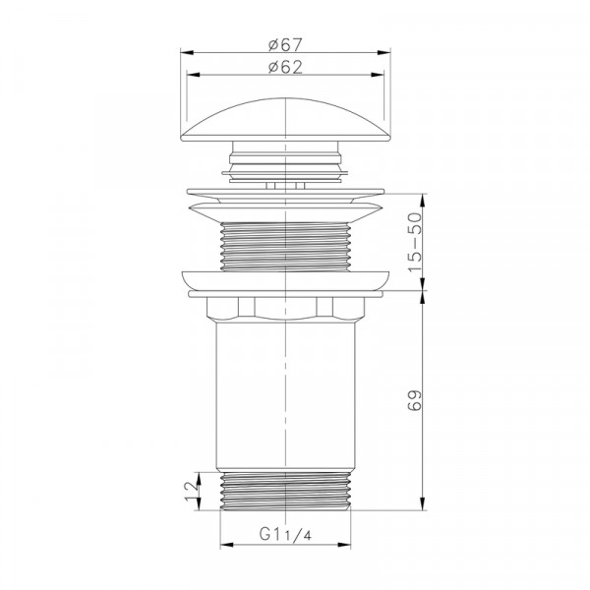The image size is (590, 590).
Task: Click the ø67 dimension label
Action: click(x=285, y=45)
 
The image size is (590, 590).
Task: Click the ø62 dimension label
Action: click(x=285, y=67)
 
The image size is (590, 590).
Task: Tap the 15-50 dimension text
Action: click(x=415, y=242)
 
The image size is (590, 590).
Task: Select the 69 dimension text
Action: click(x=415, y=401)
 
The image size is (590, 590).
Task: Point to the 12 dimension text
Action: click(x=192, y=491)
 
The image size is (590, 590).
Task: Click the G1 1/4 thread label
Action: click(x=285, y=534)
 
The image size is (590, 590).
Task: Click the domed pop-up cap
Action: click(x=285, y=120)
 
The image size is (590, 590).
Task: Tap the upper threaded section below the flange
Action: click(x=285, y=247)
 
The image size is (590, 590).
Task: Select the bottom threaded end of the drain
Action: click(x=285, y=492)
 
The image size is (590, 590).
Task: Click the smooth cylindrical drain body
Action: click(x=285, y=395)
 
